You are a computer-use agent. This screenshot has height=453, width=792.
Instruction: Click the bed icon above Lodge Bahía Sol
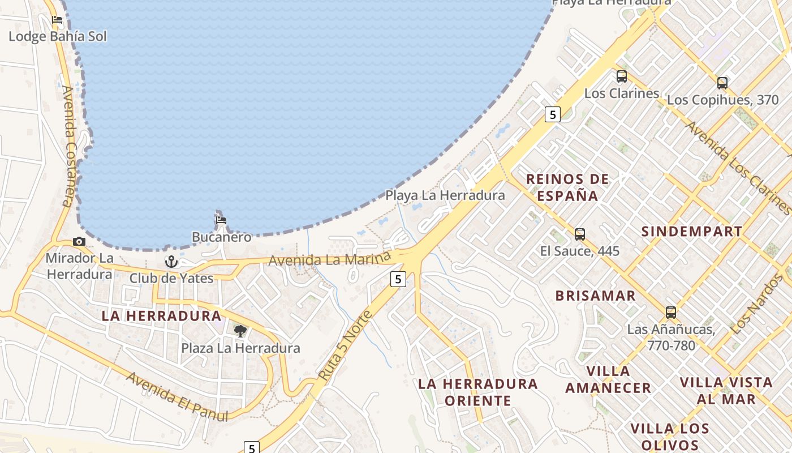57,20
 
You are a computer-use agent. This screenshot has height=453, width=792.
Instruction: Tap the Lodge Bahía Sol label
57,37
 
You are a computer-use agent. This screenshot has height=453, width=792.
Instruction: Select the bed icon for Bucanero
221,220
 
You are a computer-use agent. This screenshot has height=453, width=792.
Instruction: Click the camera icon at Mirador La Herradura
79,242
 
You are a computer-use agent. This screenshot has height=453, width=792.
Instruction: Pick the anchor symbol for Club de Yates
171,262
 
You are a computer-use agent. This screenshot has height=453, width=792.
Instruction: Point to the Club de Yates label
171,278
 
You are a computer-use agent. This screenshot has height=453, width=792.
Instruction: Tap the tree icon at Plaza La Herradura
240,331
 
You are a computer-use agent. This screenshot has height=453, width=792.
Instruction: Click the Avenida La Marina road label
330,260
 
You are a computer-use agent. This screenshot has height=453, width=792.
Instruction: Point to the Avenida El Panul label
178,396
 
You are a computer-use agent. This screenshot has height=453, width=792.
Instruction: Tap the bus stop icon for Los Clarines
622,76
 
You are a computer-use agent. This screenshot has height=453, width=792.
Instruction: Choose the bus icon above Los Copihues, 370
722,83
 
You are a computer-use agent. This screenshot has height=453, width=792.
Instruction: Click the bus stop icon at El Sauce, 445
580,234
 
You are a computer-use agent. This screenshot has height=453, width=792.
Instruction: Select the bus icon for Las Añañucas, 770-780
671,313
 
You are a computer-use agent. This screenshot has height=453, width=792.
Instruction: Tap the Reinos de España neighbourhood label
567,187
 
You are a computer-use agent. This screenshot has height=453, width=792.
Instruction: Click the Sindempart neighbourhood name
691,231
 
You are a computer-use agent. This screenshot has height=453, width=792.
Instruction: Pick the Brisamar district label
595,296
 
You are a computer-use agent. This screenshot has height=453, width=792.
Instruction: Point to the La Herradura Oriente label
478,392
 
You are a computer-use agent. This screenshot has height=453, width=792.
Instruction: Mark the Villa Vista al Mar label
726,390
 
